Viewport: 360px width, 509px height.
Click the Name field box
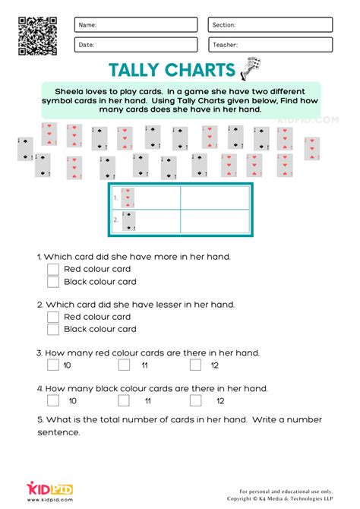pyautogui.click(x=136, y=25)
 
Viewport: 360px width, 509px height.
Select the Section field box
pyautogui.click(x=270, y=25)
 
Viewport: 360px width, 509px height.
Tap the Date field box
pyautogui.click(x=136, y=45)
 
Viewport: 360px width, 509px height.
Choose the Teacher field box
pyautogui.click(x=270, y=45)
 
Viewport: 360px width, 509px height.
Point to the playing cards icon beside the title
pyautogui.click(x=249, y=70)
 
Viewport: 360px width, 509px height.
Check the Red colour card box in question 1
pyautogui.click(x=53, y=269)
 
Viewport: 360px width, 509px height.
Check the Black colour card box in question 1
pyautogui.click(x=53, y=282)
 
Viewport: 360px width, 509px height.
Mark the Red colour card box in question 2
pyautogui.click(x=53, y=317)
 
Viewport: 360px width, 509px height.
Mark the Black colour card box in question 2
pyautogui.click(x=53, y=330)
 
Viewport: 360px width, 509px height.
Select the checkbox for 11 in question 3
pyautogui.click(x=124, y=365)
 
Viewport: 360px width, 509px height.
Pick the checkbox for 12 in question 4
pyautogui.click(x=201, y=400)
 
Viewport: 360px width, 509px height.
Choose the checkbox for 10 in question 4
pyautogui.click(x=53, y=400)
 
